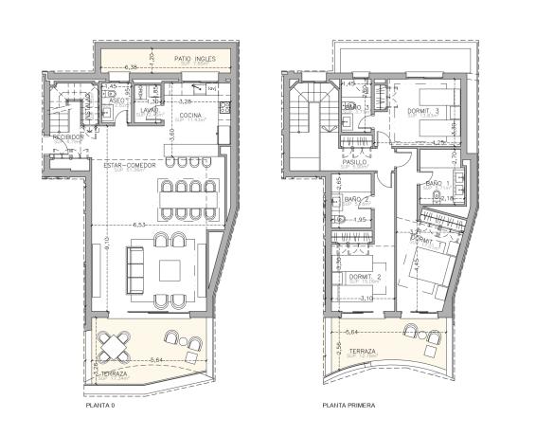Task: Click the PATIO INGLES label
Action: coord(197,59)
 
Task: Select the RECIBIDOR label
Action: coord(68,136)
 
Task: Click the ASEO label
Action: coord(116,100)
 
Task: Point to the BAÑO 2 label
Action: coord(356,199)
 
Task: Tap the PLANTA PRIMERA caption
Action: coord(348,406)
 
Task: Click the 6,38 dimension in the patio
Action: coord(132,67)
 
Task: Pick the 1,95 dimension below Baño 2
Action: coord(359,221)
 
